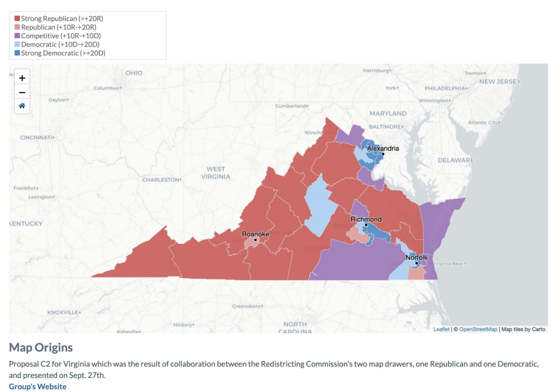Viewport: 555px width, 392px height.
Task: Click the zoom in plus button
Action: click(x=22, y=78)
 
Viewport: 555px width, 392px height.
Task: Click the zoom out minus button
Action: click(x=22, y=92)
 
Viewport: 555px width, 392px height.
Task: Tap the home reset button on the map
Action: click(x=22, y=106)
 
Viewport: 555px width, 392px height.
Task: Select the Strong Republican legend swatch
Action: click(x=17, y=18)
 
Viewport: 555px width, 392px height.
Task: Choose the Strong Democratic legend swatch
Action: click(x=17, y=53)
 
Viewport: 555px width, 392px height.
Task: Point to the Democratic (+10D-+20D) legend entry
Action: click(x=60, y=44)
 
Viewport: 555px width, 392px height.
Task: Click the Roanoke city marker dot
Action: click(x=255, y=239)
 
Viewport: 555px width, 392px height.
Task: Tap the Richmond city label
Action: click(x=366, y=219)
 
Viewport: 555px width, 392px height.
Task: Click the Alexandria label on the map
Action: click(x=383, y=148)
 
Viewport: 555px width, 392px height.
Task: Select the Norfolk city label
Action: click(x=417, y=257)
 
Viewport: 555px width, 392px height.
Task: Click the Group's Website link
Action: click(x=37, y=386)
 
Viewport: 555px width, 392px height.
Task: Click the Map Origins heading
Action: click(x=41, y=347)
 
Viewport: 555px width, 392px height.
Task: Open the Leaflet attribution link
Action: click(x=441, y=329)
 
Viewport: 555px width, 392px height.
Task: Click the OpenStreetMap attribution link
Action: click(x=478, y=329)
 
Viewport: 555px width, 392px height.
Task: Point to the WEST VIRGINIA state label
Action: click(x=216, y=172)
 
